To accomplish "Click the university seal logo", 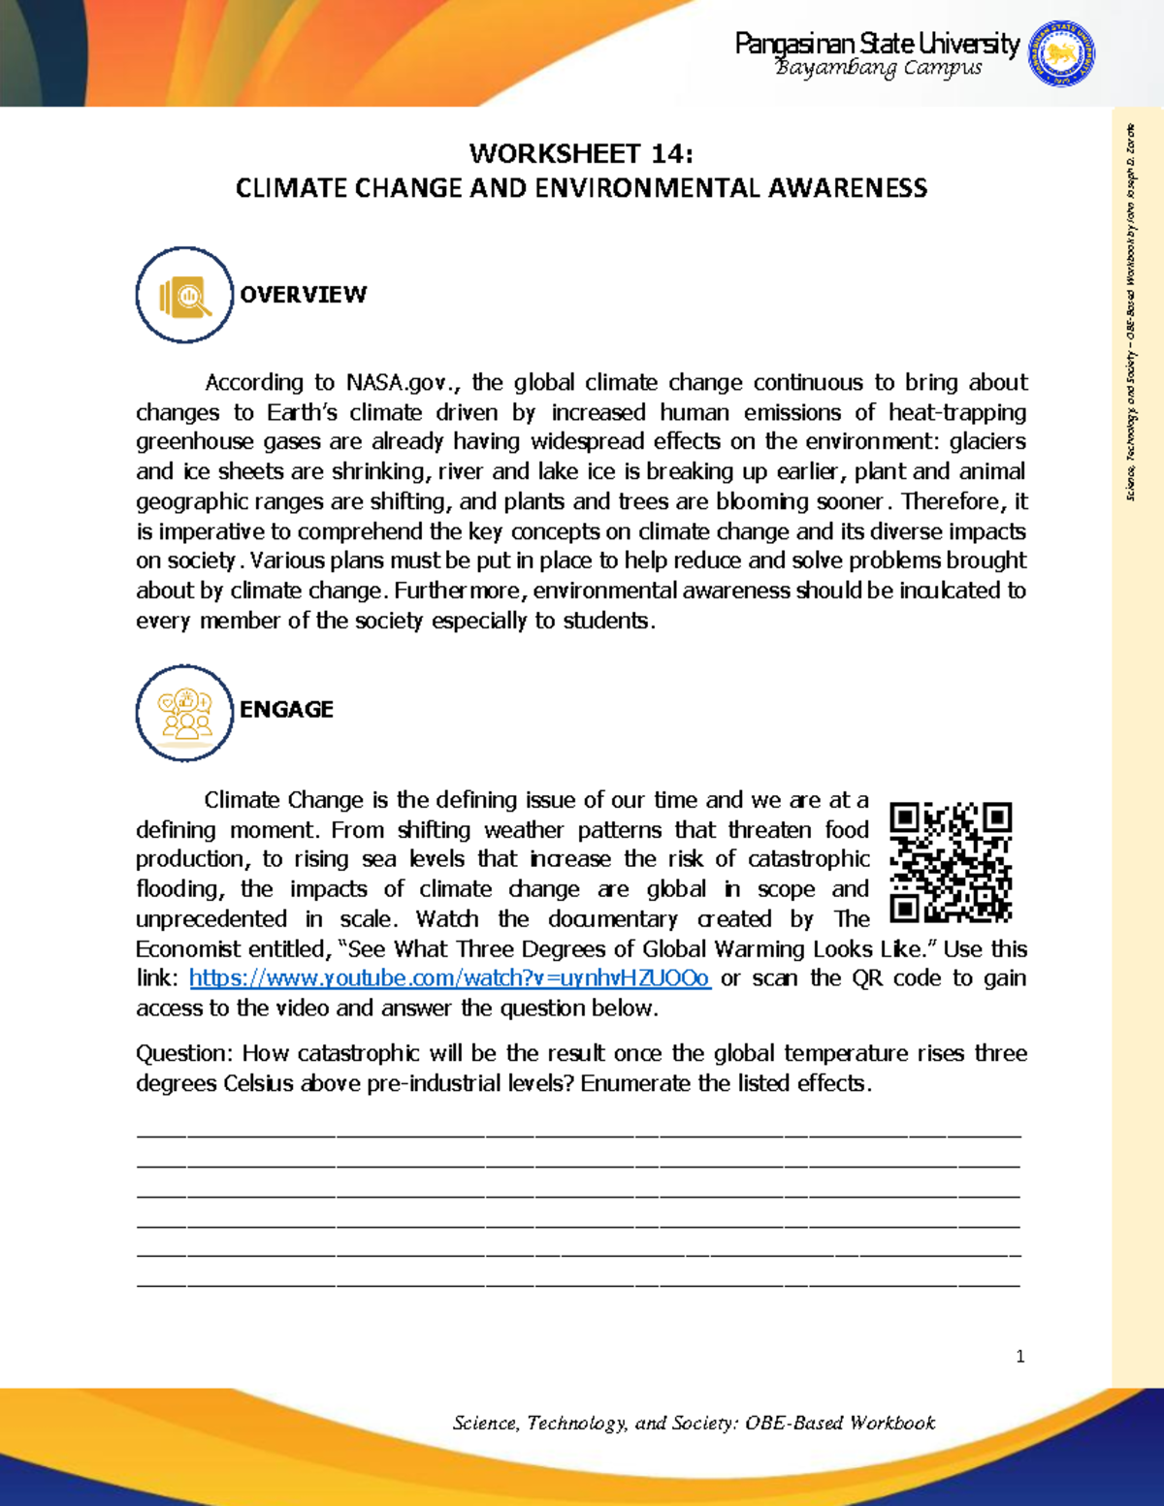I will [x=1062, y=54].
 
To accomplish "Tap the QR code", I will [x=951, y=862].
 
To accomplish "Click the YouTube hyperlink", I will [x=450, y=978].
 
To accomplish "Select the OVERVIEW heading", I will [x=304, y=295].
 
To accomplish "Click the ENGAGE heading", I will [x=286, y=710].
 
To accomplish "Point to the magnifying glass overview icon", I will [x=184, y=295].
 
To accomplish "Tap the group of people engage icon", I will [x=184, y=713].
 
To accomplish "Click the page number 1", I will [x=1019, y=1357].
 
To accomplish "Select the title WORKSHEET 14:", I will [x=581, y=154].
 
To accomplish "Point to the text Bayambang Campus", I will [x=879, y=68].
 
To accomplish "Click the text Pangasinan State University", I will [x=877, y=44].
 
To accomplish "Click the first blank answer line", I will [x=579, y=1134].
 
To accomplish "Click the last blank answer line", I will [x=579, y=1284].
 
